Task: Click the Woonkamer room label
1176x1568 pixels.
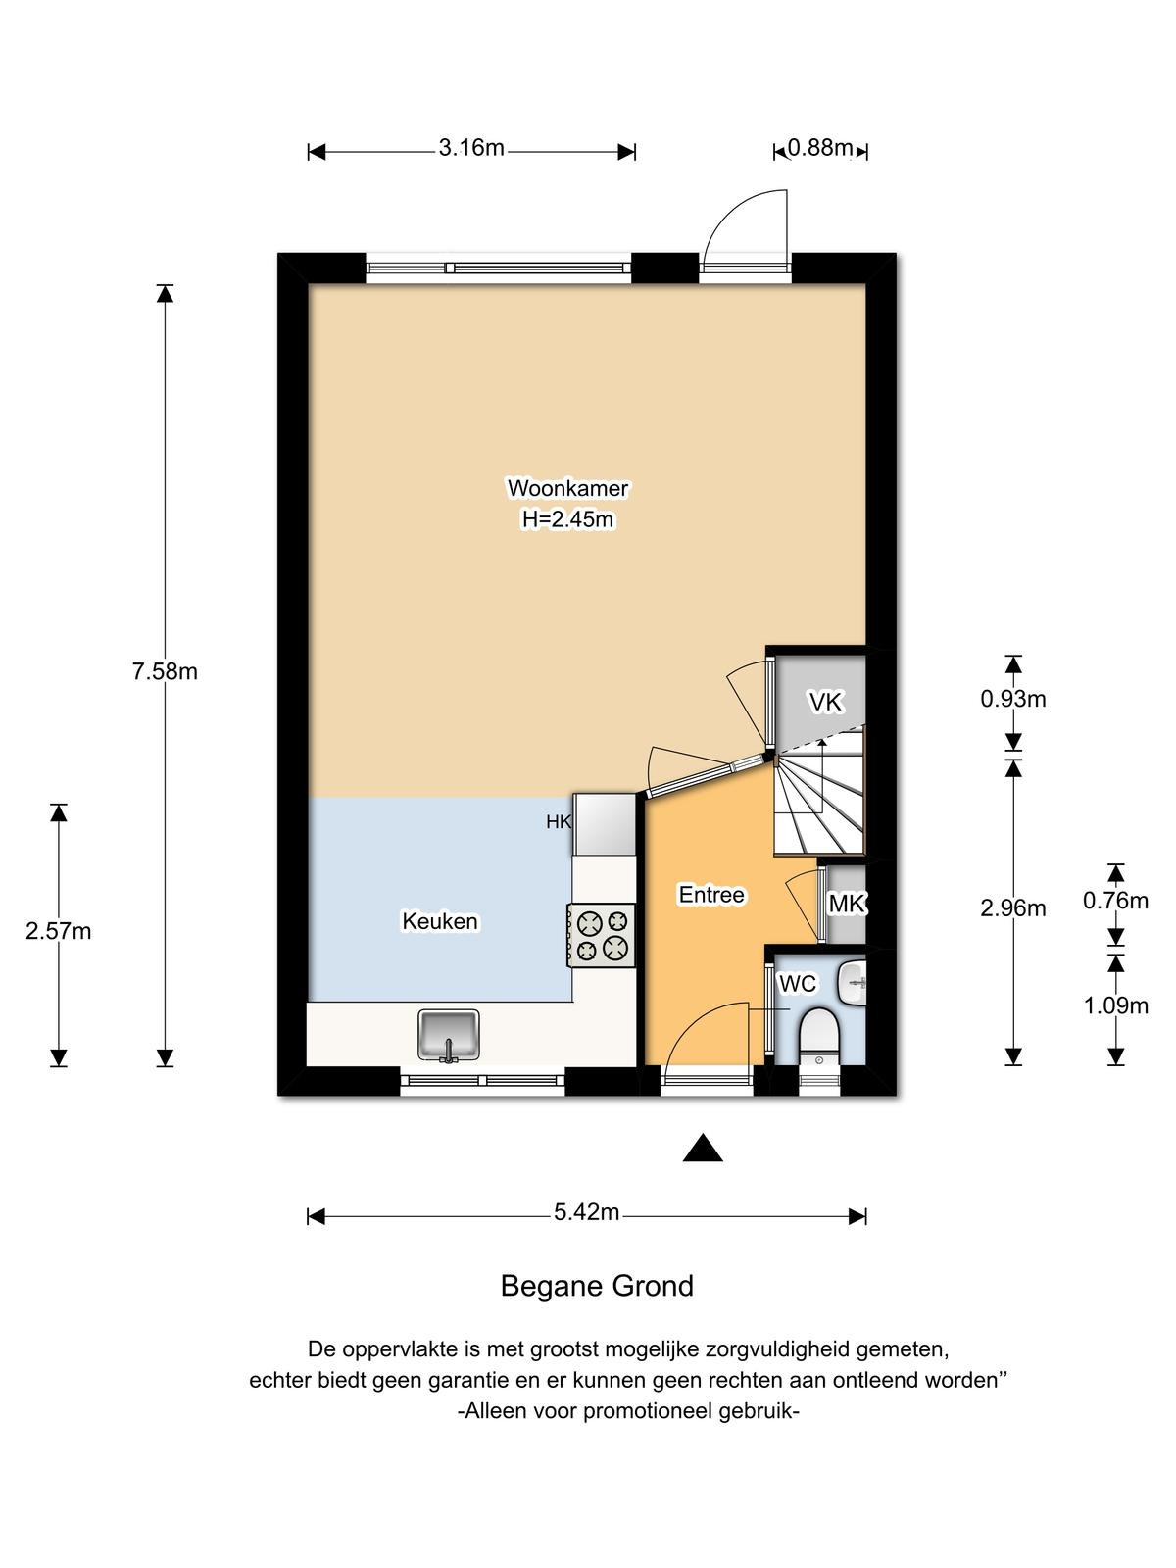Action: point(567,489)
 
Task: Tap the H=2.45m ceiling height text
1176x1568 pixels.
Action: point(567,519)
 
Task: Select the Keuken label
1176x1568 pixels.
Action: point(440,921)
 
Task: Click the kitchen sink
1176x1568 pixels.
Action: point(449,1036)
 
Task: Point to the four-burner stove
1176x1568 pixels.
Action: point(601,936)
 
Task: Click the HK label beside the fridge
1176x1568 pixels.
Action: point(559,822)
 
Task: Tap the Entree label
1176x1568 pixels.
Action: point(711,895)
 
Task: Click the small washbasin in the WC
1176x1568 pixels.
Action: point(853,984)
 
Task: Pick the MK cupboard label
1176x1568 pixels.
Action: point(847,905)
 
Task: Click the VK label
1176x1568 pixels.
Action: point(825,703)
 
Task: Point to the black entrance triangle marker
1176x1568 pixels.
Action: point(703,1148)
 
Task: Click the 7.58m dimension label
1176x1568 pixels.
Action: point(165,672)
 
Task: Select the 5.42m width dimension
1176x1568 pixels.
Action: point(586,1212)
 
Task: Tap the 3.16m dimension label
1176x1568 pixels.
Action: point(471,148)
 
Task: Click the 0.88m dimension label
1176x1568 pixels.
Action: point(819,148)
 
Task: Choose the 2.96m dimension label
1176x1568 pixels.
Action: point(1013,908)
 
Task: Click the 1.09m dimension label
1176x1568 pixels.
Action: point(1116,1006)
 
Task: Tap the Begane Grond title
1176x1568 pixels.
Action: point(597,1287)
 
